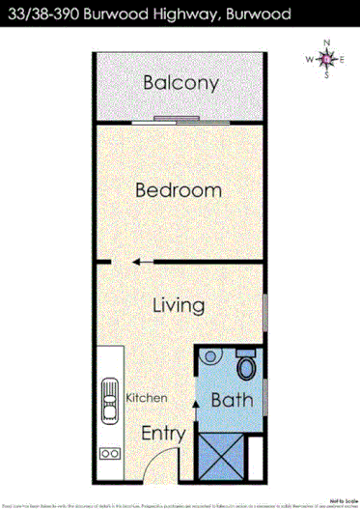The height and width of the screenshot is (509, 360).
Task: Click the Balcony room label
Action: click(181, 83)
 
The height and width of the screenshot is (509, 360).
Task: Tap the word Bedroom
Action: click(179, 190)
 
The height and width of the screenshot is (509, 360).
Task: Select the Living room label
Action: click(180, 306)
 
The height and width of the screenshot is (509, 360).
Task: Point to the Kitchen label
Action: click(147, 398)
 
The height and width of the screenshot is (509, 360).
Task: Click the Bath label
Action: click(232, 400)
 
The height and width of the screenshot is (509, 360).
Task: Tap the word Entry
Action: click(163, 434)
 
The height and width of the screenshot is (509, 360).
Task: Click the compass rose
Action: click(326, 60)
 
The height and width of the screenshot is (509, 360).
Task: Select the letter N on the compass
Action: click(327, 43)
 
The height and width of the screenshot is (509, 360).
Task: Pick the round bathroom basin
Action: click(209, 357)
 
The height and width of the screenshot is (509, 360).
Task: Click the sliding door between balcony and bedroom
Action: click(181, 121)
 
